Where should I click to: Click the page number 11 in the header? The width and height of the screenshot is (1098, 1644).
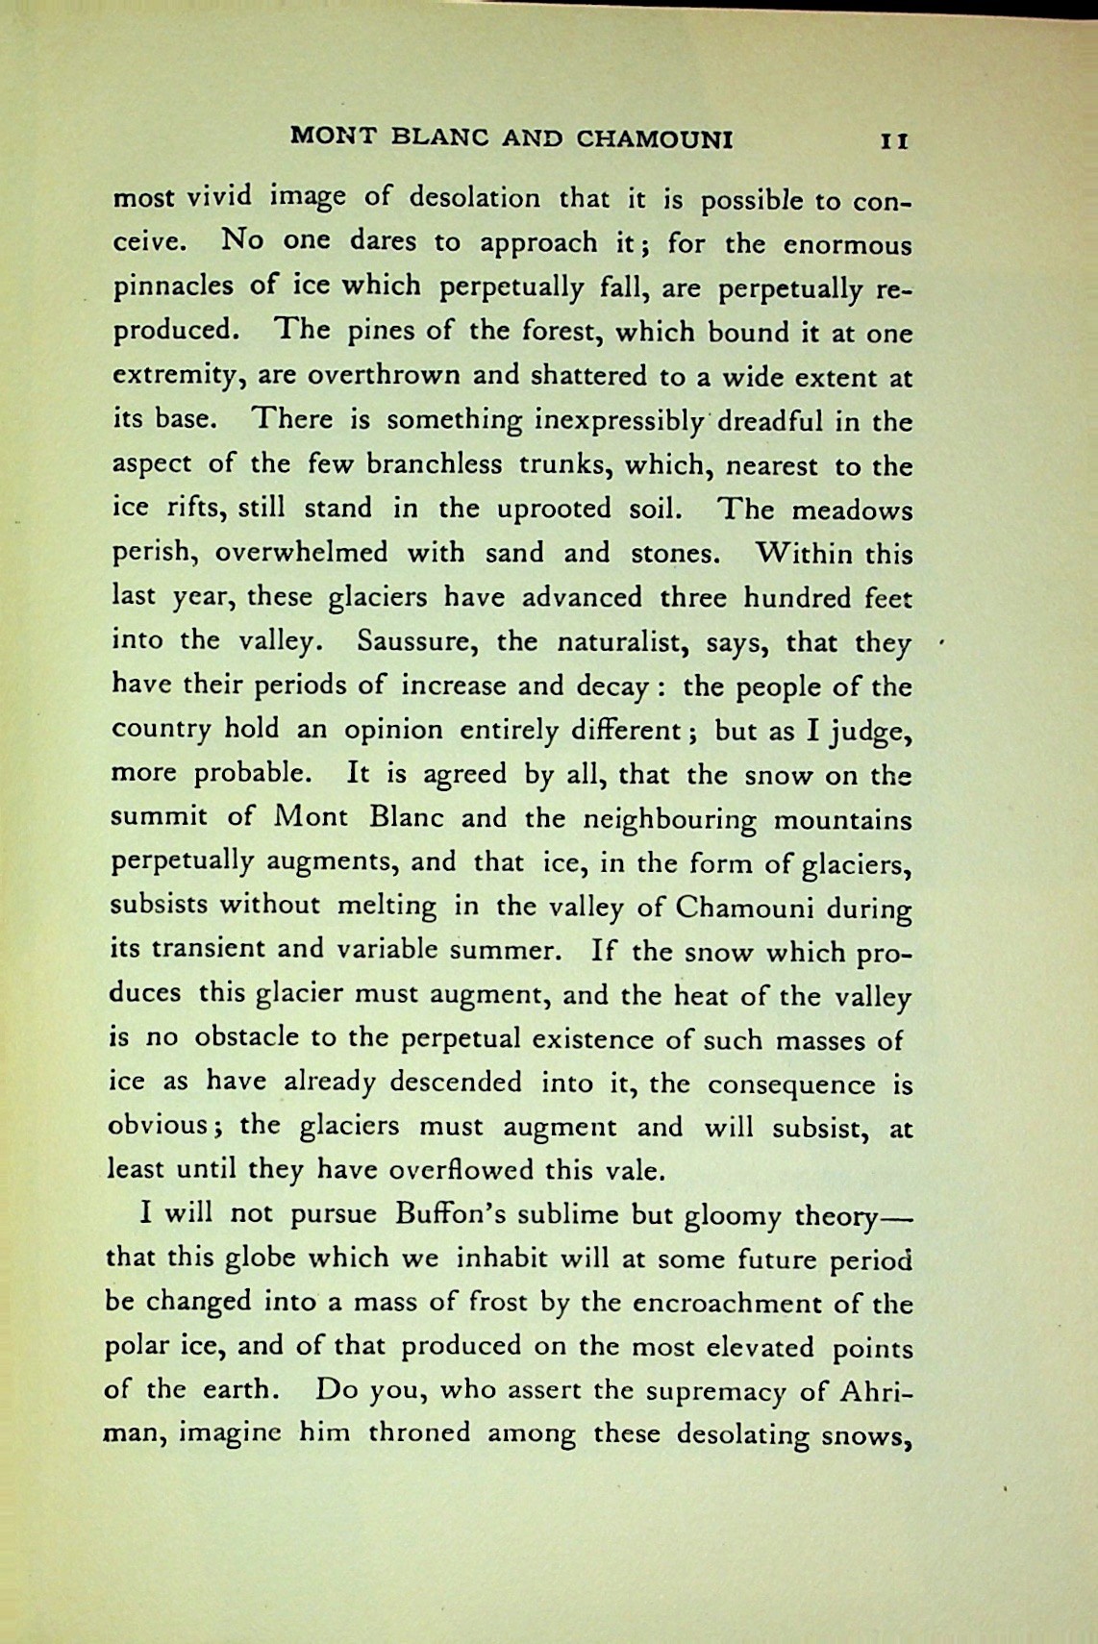point(894,140)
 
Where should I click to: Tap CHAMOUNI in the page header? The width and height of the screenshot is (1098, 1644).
point(654,139)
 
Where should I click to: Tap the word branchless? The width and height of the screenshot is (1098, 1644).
point(422,465)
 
